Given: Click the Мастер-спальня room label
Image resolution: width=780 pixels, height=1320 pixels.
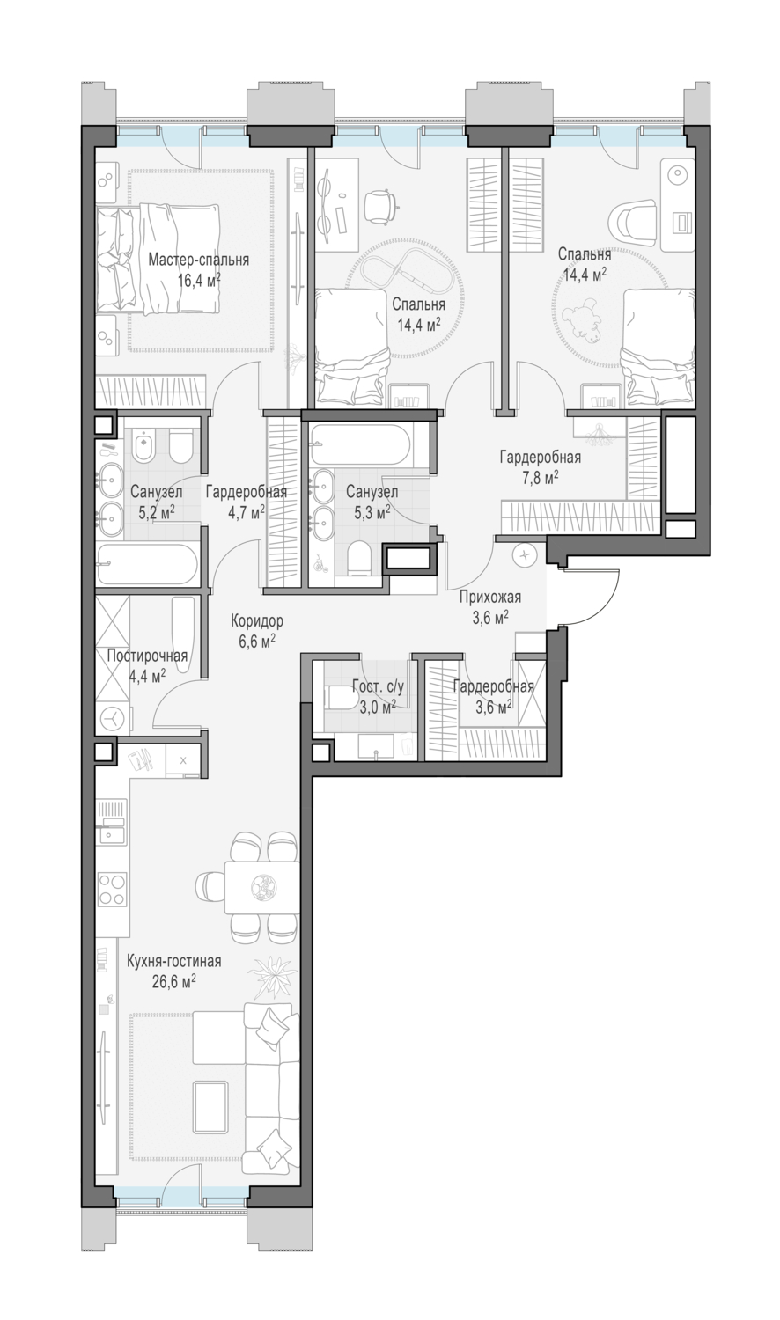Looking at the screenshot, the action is [198, 260].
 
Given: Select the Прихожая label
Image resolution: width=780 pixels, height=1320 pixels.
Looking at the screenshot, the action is [490, 598].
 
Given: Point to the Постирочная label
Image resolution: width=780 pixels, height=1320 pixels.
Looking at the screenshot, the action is [147, 656].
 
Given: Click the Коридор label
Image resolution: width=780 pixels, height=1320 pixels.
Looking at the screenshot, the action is [256, 620].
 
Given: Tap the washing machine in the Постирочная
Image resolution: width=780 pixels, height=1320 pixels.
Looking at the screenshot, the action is [113, 717].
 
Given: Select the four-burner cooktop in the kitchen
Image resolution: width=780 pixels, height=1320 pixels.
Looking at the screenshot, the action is [112, 889].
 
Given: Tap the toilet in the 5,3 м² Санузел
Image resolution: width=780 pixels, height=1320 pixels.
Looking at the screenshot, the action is [358, 560].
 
